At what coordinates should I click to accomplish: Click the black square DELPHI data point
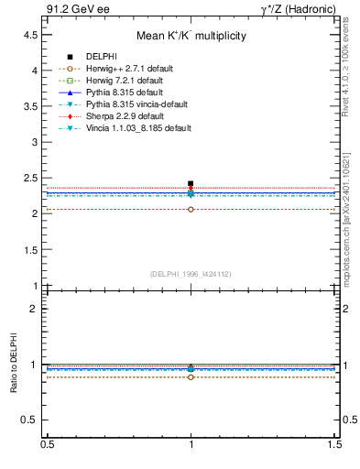[x=191, y=184]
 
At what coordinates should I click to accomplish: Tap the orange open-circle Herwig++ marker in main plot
[x=191, y=210]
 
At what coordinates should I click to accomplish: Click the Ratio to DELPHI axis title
[x=12, y=365]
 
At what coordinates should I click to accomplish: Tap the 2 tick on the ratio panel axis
[x=34, y=309]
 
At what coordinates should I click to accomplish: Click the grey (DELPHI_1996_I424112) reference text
[x=191, y=273]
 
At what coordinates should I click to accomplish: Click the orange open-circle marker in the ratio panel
[x=191, y=376]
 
